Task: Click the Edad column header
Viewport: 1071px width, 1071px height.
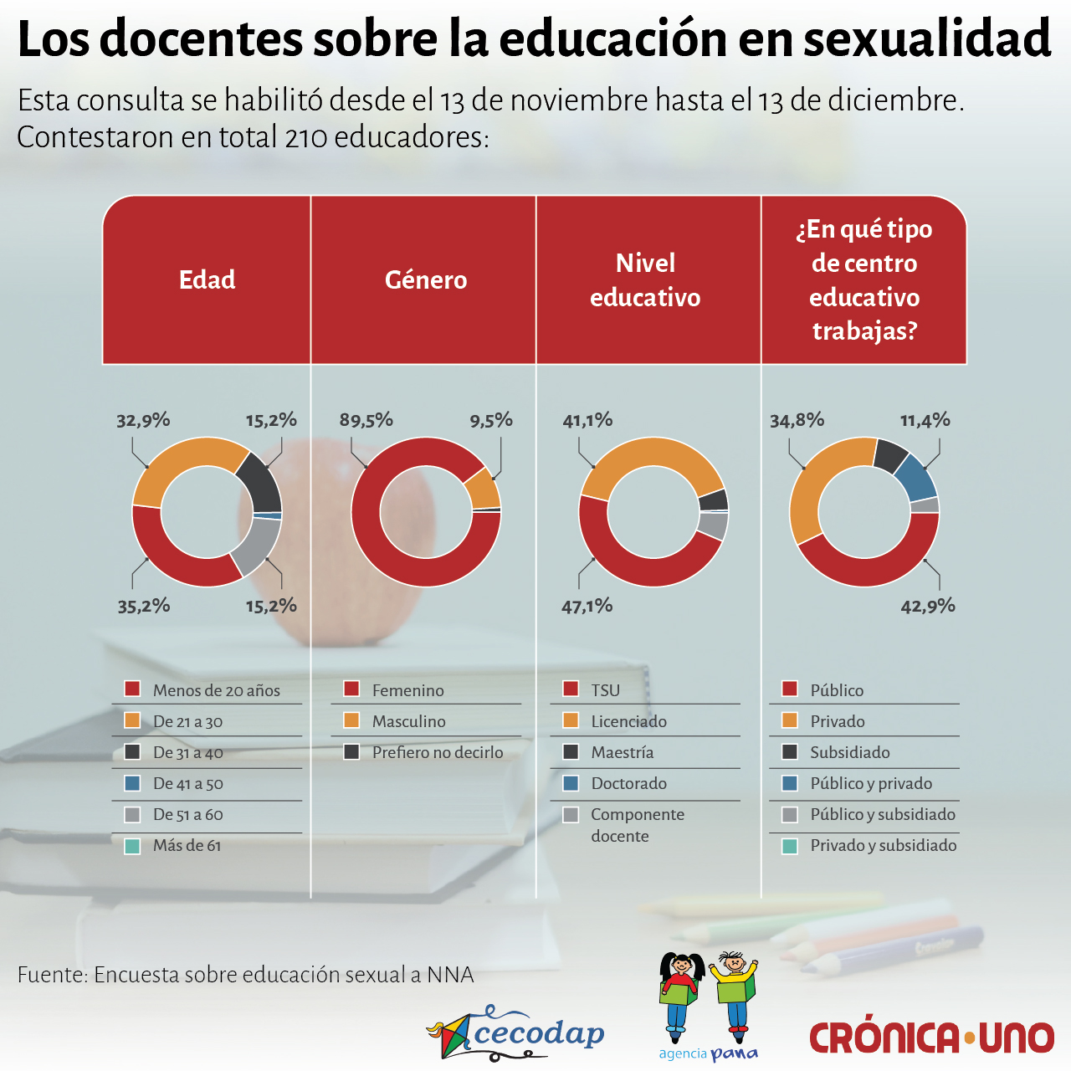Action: click(207, 279)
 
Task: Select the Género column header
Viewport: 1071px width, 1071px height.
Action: click(425, 279)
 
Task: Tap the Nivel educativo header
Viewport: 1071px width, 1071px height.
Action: click(645, 279)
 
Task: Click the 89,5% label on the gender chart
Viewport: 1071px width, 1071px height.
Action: click(366, 420)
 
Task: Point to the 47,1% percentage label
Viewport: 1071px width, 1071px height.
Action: click(587, 606)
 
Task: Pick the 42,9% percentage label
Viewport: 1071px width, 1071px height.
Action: click(927, 606)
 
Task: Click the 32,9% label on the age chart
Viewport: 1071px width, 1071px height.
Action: click(143, 420)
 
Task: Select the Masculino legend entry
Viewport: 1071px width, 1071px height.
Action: click(408, 721)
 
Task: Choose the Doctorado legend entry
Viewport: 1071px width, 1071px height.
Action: click(628, 783)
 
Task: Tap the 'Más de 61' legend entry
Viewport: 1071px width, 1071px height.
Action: click(187, 845)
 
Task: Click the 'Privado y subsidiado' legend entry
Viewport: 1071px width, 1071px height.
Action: click(883, 845)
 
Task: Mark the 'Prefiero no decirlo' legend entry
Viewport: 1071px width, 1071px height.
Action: click(437, 752)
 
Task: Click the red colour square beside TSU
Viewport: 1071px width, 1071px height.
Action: click(571, 689)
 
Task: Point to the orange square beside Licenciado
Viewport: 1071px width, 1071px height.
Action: click(571, 720)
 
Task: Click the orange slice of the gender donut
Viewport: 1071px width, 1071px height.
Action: click(482, 488)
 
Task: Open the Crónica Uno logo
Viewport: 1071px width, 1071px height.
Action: click(930, 1038)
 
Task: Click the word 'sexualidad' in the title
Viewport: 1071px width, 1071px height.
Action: click(927, 38)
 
